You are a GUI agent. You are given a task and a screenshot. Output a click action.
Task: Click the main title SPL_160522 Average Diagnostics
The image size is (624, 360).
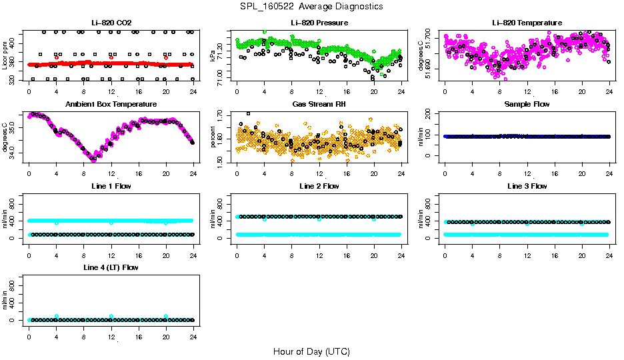(311, 6)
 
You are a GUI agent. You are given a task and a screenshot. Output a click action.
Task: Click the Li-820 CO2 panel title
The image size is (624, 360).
(111, 23)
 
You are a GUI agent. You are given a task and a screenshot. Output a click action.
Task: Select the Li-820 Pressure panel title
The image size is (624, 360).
(319, 23)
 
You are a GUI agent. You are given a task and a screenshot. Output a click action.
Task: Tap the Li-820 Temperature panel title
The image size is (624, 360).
(527, 23)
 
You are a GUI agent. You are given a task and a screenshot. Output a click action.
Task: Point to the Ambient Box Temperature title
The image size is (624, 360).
(111, 104)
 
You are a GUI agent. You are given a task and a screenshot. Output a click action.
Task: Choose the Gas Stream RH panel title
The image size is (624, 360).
(319, 104)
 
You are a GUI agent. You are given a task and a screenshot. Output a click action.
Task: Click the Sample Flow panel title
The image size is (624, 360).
(527, 104)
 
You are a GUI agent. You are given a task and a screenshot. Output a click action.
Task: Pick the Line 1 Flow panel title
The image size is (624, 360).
(111, 186)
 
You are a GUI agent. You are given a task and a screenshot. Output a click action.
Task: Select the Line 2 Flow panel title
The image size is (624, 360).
(319, 186)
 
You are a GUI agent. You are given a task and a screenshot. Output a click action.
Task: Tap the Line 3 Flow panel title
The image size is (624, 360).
(527, 186)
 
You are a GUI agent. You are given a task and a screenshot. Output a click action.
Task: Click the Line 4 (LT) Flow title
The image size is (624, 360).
(111, 267)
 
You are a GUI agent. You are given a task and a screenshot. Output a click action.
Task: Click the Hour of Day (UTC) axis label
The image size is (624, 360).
(311, 351)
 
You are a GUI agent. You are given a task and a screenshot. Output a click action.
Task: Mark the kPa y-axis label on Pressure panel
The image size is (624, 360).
(213, 55)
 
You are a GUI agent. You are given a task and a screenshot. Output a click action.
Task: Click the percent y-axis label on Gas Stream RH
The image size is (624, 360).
(213, 137)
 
